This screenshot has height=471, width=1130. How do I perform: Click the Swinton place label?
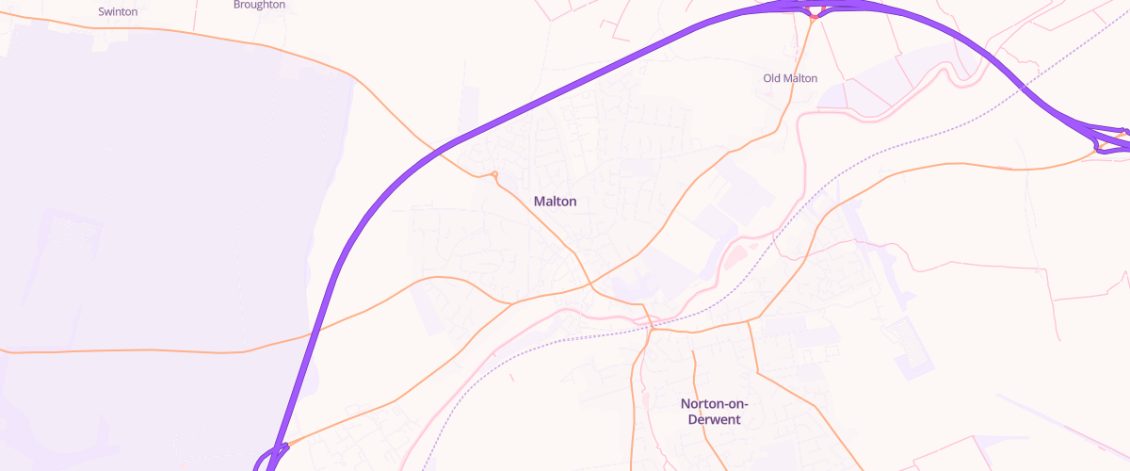pos(118,12)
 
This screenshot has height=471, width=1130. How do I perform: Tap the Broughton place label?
pos(259,5)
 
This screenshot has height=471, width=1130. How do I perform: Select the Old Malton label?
pos(790,78)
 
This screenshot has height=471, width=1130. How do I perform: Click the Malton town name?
pos(555,202)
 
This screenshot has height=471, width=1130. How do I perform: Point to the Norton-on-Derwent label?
pos(714,411)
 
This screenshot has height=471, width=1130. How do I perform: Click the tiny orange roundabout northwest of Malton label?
pos(494,173)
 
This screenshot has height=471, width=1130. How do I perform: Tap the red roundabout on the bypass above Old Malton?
pos(814,14)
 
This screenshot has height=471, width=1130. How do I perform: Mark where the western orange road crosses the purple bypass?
pos(311,334)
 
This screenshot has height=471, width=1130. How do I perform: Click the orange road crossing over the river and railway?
pos(649,320)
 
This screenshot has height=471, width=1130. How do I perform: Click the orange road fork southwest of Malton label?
pos(511,304)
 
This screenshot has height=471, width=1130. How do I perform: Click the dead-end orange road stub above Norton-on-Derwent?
pos(693,352)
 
